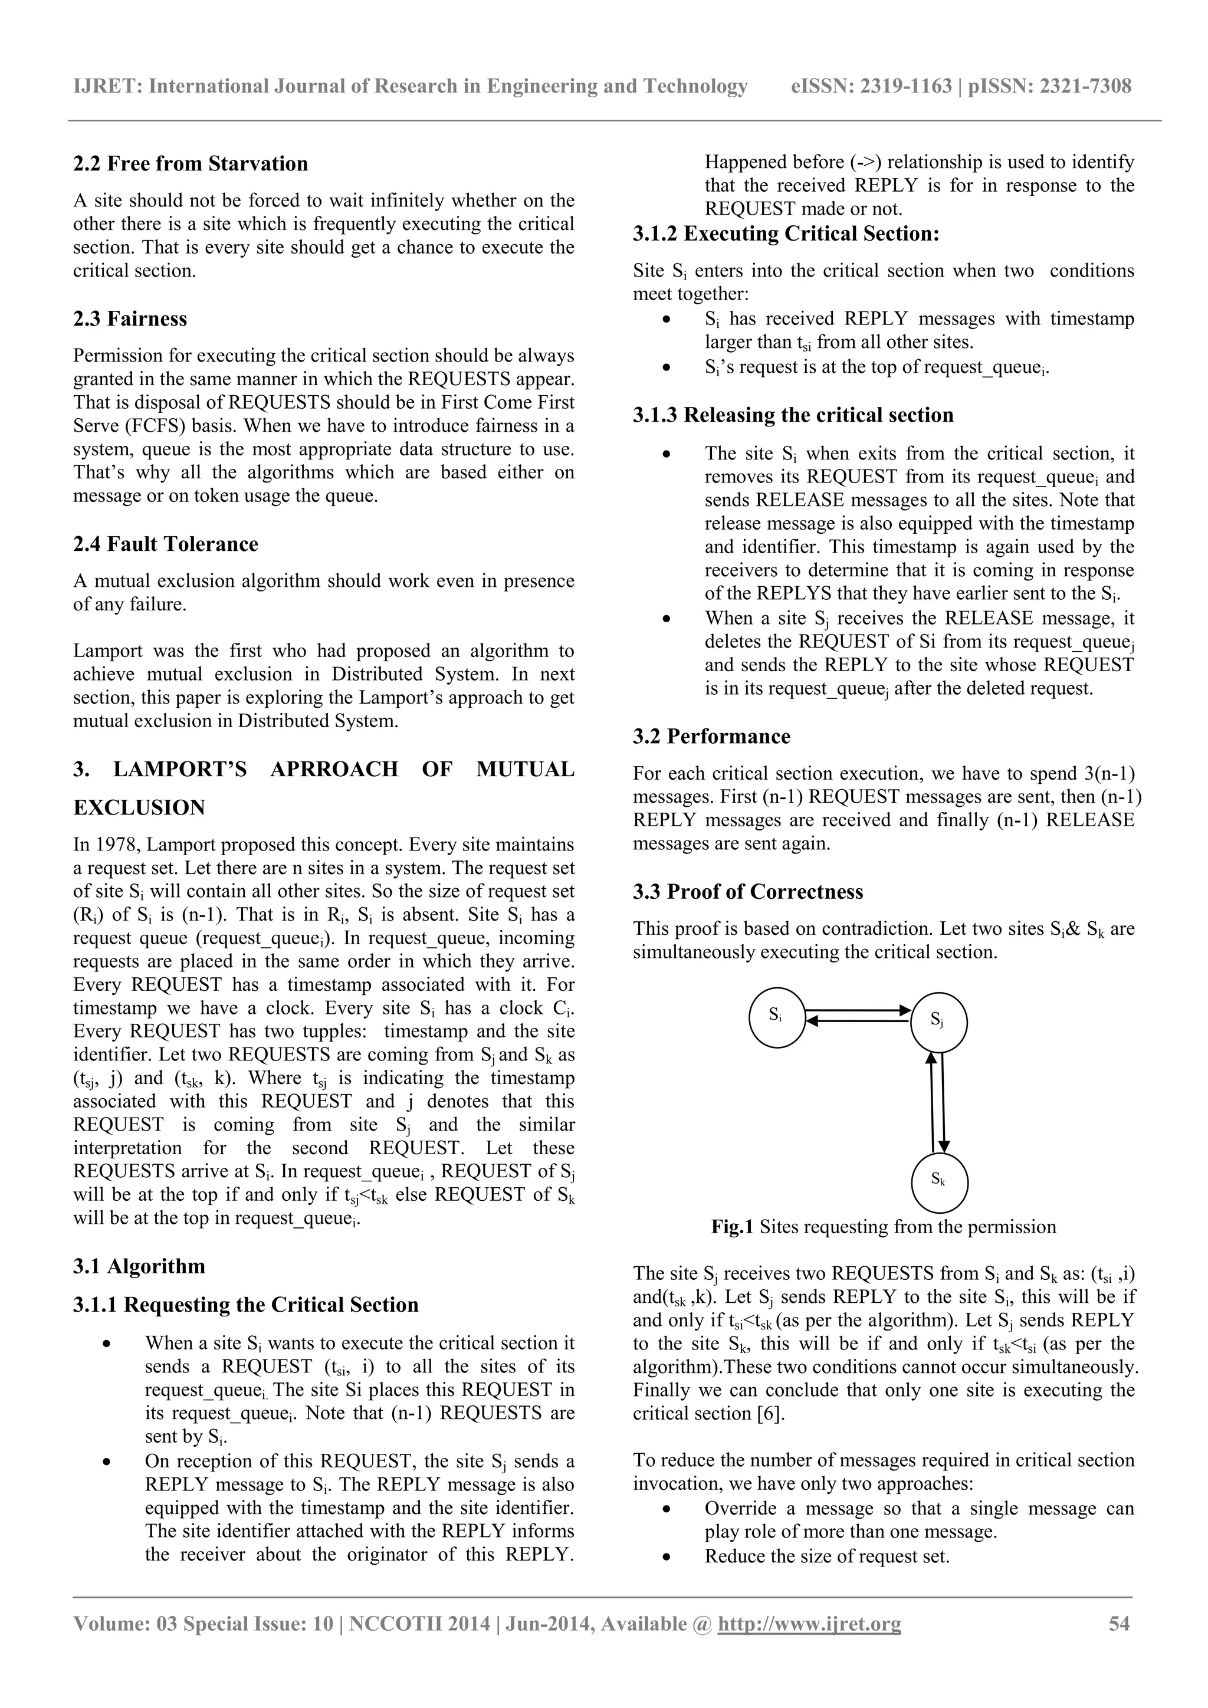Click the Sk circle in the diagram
coord(938,1182)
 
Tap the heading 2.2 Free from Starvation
coord(191,163)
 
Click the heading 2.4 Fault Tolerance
coord(165,544)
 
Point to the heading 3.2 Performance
coord(711,737)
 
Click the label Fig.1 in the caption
coord(732,1227)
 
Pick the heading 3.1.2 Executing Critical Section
coord(786,234)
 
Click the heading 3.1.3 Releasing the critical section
coord(793,415)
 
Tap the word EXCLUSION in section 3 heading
coord(139,808)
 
